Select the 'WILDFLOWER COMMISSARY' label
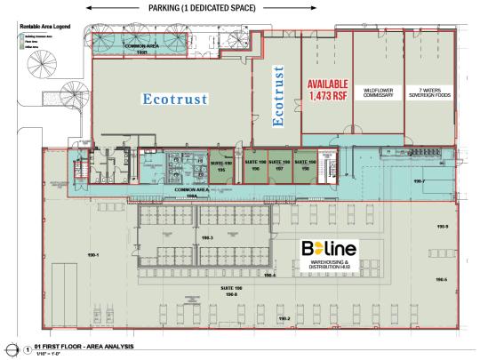379,92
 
